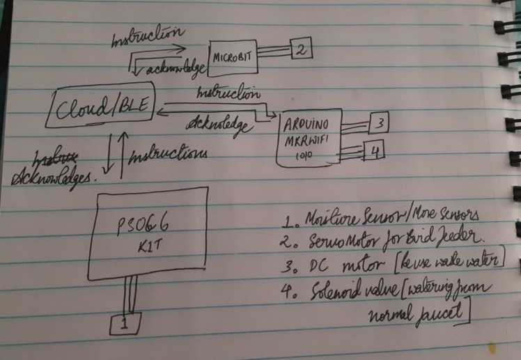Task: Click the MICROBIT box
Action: [234, 58]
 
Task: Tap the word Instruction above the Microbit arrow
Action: [148, 36]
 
